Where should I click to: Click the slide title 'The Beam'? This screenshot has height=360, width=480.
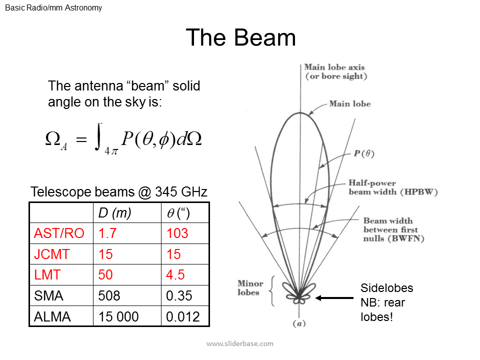[x=240, y=37]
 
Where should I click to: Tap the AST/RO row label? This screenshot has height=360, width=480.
[x=59, y=233]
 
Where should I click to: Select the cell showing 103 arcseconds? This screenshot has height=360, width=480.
[x=177, y=233]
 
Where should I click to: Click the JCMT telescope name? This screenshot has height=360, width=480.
[x=51, y=254]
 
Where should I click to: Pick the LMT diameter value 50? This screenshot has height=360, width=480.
[x=105, y=274]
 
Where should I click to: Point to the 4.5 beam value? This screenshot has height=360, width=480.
[x=175, y=274]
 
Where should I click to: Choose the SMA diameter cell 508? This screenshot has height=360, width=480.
[x=109, y=295]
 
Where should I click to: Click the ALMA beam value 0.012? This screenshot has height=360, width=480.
[x=183, y=316]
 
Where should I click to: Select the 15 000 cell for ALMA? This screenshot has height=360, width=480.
[x=118, y=316]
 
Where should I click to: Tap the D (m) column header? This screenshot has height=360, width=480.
[x=114, y=213]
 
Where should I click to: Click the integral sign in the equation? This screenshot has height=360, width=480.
[x=98, y=137]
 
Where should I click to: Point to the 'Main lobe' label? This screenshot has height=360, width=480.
[x=350, y=104]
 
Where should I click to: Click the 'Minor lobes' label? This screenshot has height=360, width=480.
[x=250, y=288]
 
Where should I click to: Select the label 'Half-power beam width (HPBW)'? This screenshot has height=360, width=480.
[x=393, y=187]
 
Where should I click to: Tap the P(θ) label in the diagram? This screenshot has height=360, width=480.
[x=364, y=153]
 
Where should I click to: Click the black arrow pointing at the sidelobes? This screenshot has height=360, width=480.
[x=334, y=298]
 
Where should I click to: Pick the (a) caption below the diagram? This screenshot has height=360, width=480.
[x=299, y=323]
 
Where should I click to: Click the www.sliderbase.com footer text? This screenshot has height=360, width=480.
[x=240, y=344]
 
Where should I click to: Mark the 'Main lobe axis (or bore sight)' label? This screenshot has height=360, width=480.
[x=335, y=71]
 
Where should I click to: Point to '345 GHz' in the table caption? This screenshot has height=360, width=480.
[x=181, y=192]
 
